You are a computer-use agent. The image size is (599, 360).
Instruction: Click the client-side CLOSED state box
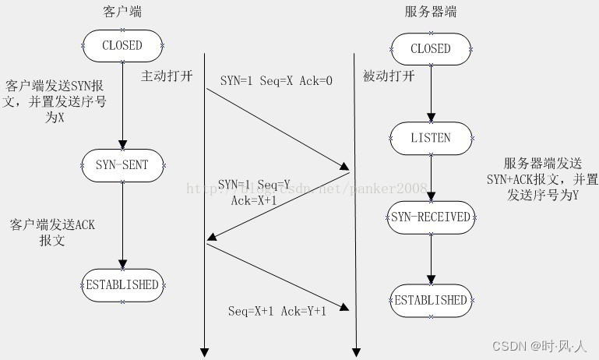(x=122, y=45)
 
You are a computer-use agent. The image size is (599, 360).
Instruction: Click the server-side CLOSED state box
(x=431, y=48)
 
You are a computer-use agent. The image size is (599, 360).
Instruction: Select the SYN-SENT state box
(x=122, y=164)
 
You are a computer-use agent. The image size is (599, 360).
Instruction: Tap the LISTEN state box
(x=431, y=138)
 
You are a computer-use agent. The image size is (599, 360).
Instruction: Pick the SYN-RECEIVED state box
(x=431, y=217)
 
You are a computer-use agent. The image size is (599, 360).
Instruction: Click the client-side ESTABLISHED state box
(x=122, y=284)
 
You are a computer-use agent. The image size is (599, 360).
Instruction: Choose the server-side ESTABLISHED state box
(x=431, y=300)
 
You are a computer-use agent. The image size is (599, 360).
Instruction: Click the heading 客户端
(x=122, y=12)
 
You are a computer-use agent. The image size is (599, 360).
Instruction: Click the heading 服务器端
(x=431, y=12)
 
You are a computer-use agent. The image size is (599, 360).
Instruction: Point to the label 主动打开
(x=165, y=76)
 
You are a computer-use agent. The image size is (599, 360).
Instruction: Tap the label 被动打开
(x=388, y=76)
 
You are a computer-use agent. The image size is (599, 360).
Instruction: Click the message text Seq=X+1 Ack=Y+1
(x=277, y=311)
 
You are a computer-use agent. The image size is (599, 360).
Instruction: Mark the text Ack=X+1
(x=254, y=200)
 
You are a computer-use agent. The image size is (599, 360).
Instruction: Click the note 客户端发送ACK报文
(x=53, y=232)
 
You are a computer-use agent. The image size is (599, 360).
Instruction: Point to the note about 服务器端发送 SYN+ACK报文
(x=550, y=180)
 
